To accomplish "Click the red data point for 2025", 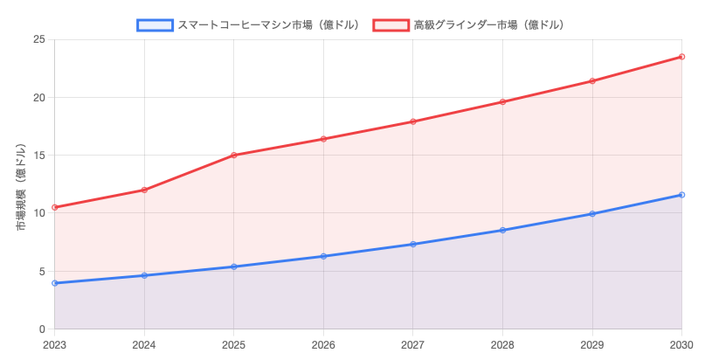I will [234, 156].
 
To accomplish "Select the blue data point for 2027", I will [413, 244].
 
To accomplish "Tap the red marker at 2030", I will [681, 57].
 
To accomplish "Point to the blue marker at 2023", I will [55, 283].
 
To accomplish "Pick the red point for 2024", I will [144, 190].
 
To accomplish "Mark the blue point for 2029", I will [592, 213].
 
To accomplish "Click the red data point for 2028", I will [503, 102].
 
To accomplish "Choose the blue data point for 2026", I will [323, 256].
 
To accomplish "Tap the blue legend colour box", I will [155, 24].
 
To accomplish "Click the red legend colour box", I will [391, 24].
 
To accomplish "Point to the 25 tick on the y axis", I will [40, 39].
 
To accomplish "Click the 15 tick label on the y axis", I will [40, 156].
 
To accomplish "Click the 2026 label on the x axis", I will [323, 344].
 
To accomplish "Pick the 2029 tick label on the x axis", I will [592, 344].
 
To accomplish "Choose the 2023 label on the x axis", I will [55, 344].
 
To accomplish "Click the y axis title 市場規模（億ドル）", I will [21, 185].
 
